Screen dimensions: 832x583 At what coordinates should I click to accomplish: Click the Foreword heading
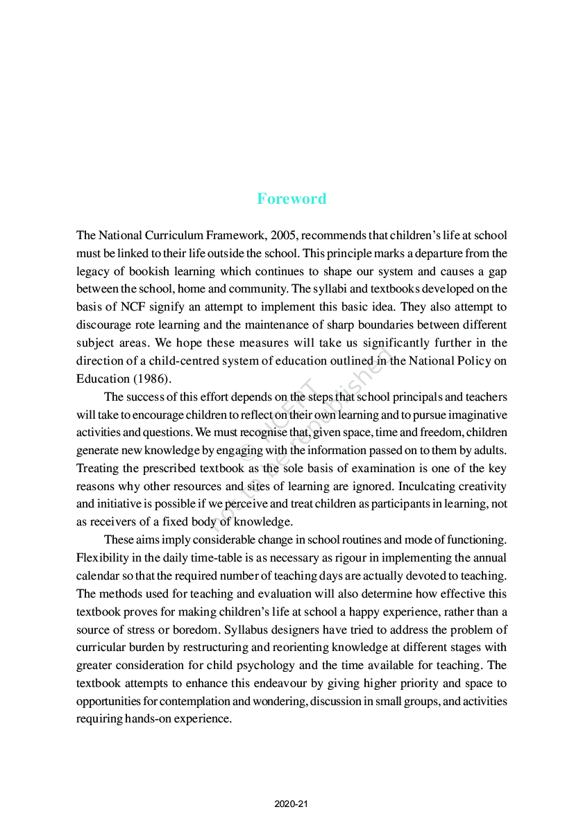tap(291, 199)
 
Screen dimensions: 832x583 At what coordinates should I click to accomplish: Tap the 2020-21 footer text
tap(291, 804)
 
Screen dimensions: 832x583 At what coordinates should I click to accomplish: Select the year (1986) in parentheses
tap(151, 379)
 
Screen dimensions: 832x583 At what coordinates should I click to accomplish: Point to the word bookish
tap(150, 271)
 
